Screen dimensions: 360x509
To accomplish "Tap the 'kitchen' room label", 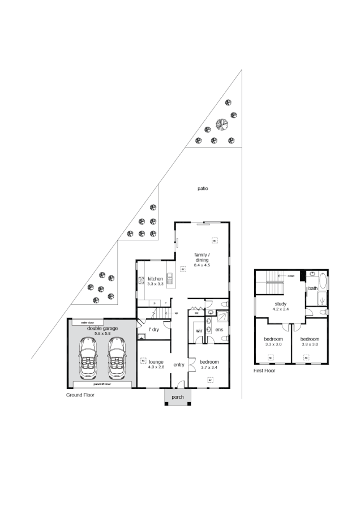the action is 155,279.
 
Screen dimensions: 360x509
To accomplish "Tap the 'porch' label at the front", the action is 178,396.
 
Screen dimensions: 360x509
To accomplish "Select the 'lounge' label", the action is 156,362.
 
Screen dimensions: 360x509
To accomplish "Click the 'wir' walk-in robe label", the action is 199,330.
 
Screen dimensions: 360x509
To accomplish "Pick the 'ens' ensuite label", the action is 219,330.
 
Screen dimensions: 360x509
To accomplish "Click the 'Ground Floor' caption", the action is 80,395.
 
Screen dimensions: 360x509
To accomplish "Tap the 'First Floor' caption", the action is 264,371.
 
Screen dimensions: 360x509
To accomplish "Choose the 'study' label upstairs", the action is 280,304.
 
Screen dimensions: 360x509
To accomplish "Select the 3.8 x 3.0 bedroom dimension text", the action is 310,344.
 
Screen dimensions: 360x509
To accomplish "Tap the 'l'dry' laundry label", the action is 153,329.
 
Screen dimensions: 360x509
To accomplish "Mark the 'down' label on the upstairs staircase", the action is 291,276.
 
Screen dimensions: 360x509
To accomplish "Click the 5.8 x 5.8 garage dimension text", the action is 102,333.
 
